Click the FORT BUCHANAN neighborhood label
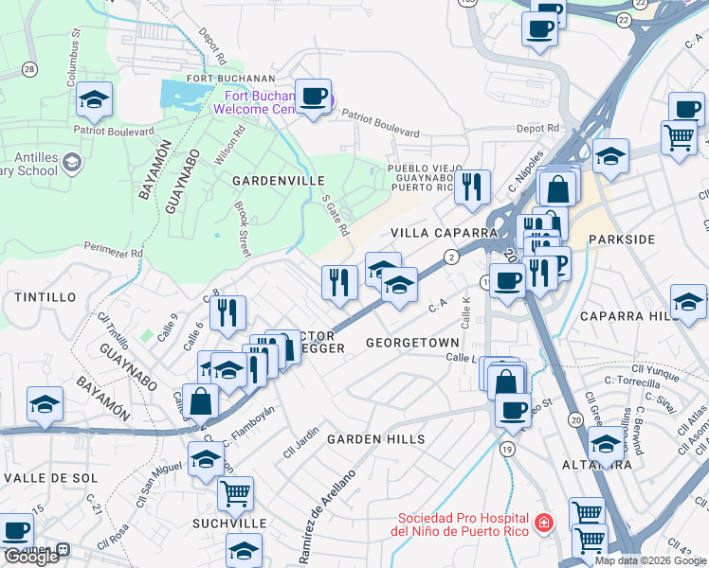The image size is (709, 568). (x=231, y=79)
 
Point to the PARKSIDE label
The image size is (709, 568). (x=621, y=240)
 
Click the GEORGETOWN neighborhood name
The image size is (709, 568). (x=412, y=342)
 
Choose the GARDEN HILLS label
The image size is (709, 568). (x=376, y=440)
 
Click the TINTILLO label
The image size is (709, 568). (x=45, y=297)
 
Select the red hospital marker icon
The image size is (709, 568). (x=542, y=523)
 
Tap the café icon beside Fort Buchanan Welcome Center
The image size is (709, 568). (x=313, y=97)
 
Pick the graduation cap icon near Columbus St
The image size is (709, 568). (x=94, y=99)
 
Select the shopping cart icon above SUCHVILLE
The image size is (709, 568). (x=235, y=491)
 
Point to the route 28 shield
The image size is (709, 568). (x=29, y=70)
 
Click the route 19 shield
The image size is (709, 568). (x=508, y=449)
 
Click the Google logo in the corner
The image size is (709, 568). (x=31, y=557)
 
